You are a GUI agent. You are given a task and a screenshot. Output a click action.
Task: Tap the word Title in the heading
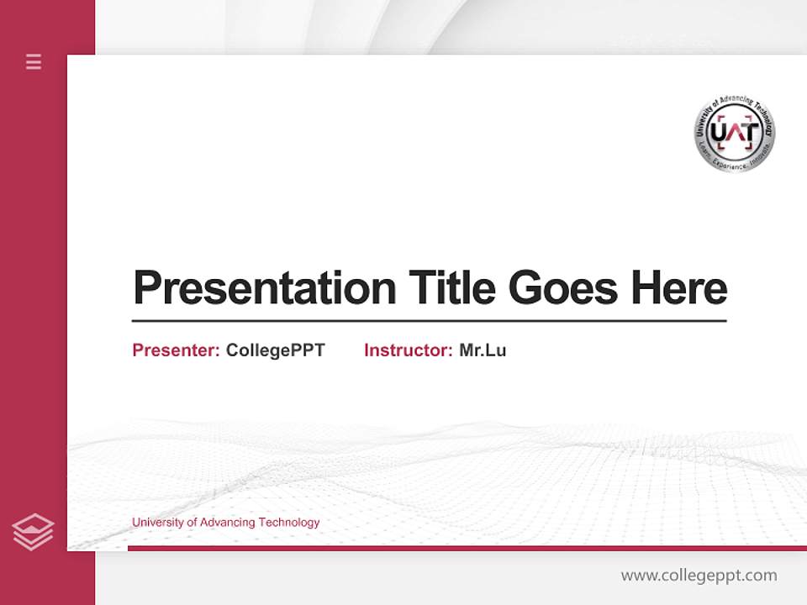451,287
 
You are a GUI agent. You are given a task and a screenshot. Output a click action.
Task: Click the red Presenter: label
176,350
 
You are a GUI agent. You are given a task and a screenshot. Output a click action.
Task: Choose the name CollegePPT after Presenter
275,350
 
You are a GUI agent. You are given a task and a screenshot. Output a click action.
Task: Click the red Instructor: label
408,350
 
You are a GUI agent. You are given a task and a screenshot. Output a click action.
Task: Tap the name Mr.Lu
483,350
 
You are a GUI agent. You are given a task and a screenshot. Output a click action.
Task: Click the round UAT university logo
735,134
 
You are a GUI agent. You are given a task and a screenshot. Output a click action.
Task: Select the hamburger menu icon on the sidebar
34,61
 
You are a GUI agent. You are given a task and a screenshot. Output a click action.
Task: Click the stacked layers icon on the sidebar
33,532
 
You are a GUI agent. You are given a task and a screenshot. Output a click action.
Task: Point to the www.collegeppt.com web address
699,576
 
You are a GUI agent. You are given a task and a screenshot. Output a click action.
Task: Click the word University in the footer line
157,523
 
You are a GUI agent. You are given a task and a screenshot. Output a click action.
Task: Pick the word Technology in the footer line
289,523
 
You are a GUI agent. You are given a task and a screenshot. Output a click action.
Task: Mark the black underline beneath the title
429,321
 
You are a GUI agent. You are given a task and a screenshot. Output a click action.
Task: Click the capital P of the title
146,287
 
